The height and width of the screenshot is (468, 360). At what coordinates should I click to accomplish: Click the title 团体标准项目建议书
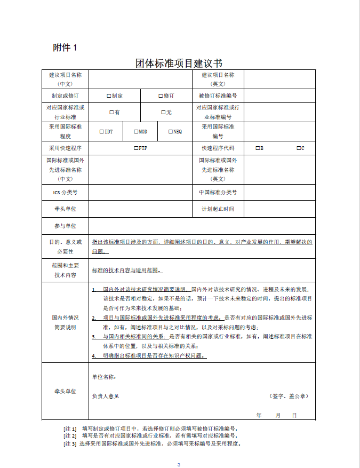(x=179, y=64)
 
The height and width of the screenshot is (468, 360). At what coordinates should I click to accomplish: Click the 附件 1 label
(x=65, y=47)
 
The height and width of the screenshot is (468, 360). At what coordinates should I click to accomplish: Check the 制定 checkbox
(x=108, y=96)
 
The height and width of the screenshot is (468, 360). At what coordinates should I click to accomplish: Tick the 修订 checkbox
(x=160, y=96)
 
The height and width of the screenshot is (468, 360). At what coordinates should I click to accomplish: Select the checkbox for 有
(x=111, y=112)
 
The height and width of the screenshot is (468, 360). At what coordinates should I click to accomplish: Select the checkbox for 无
(x=163, y=112)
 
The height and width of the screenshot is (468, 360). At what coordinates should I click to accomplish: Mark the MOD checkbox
(x=135, y=131)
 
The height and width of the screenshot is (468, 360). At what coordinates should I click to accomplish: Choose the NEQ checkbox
(x=170, y=131)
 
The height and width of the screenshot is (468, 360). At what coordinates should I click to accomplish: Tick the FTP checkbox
(x=136, y=148)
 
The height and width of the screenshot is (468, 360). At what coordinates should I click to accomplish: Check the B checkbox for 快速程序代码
(x=257, y=148)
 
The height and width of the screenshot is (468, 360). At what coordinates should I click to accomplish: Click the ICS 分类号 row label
(x=65, y=192)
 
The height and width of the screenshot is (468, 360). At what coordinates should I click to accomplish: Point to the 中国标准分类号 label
(x=218, y=192)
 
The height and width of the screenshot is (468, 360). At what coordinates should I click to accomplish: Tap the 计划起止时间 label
(x=218, y=209)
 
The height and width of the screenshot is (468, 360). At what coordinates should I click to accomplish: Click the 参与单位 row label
(x=65, y=226)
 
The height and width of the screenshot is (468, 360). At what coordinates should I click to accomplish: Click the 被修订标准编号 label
(x=218, y=96)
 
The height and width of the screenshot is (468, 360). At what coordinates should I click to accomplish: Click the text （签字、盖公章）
(x=289, y=395)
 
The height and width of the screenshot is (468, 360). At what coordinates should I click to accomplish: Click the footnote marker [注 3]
(x=70, y=443)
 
